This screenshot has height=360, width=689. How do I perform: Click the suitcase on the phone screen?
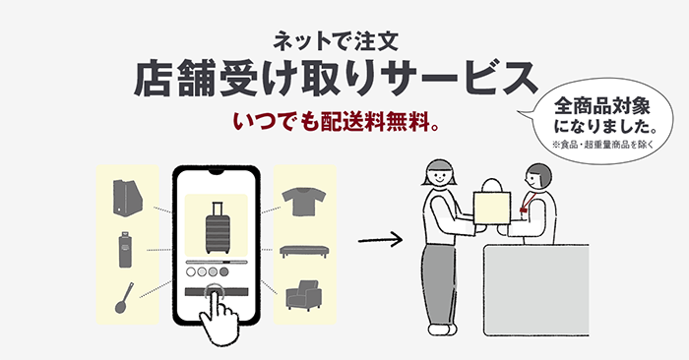[x=217, y=227]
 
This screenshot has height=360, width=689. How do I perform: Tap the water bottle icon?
[x=126, y=248]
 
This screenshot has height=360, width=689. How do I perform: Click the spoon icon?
[x=124, y=297]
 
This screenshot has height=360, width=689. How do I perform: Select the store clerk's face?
[x=538, y=179]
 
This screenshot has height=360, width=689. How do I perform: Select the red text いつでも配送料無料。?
[x=337, y=124]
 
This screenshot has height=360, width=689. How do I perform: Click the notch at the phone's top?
[x=217, y=174]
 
